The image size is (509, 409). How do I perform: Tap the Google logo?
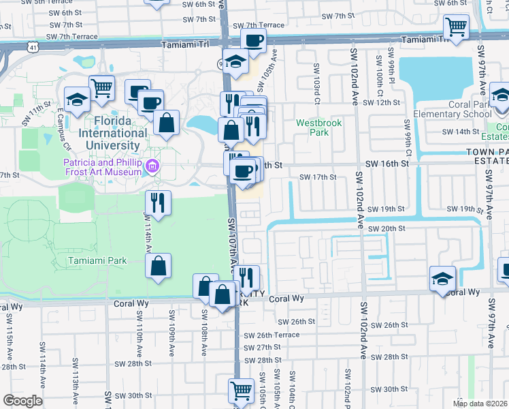tap(22, 400)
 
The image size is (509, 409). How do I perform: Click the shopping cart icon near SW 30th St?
tap(241, 391)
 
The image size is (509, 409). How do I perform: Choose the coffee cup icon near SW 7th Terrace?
tap(253, 42)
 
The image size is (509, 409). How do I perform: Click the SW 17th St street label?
tap(318, 177)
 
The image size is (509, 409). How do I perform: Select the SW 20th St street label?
tap(387, 228)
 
